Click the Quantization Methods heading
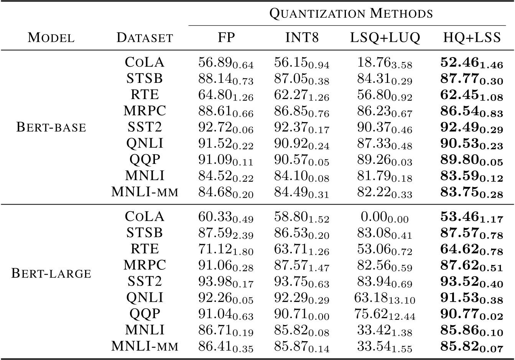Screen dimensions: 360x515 (x=351, y=14)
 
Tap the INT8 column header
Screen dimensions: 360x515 (x=302, y=37)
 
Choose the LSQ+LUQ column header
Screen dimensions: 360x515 (x=385, y=37)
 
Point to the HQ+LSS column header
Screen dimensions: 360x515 (x=472, y=37)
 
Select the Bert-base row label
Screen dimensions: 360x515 (x=51, y=127)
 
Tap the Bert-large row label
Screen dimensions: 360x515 (x=51, y=273)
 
